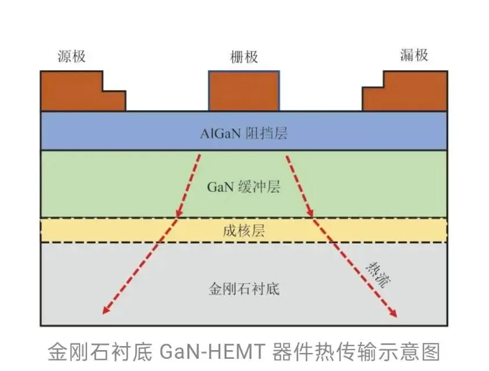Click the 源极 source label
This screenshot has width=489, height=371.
pyautogui.click(x=71, y=56)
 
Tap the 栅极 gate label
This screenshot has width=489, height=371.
pyautogui.click(x=244, y=57)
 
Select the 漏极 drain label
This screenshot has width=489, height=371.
pyautogui.click(x=414, y=55)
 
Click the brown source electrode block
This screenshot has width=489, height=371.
pyautogui.click(x=73, y=91)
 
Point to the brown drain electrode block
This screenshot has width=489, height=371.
pyautogui.click(x=415, y=91)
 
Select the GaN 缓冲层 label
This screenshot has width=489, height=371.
pyautogui.click(x=244, y=187)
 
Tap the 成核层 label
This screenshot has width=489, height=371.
pyautogui.click(x=244, y=231)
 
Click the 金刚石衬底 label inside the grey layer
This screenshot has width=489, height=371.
pyautogui.click(x=244, y=288)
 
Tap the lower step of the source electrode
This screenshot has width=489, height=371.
pyautogui.click(x=114, y=100)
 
